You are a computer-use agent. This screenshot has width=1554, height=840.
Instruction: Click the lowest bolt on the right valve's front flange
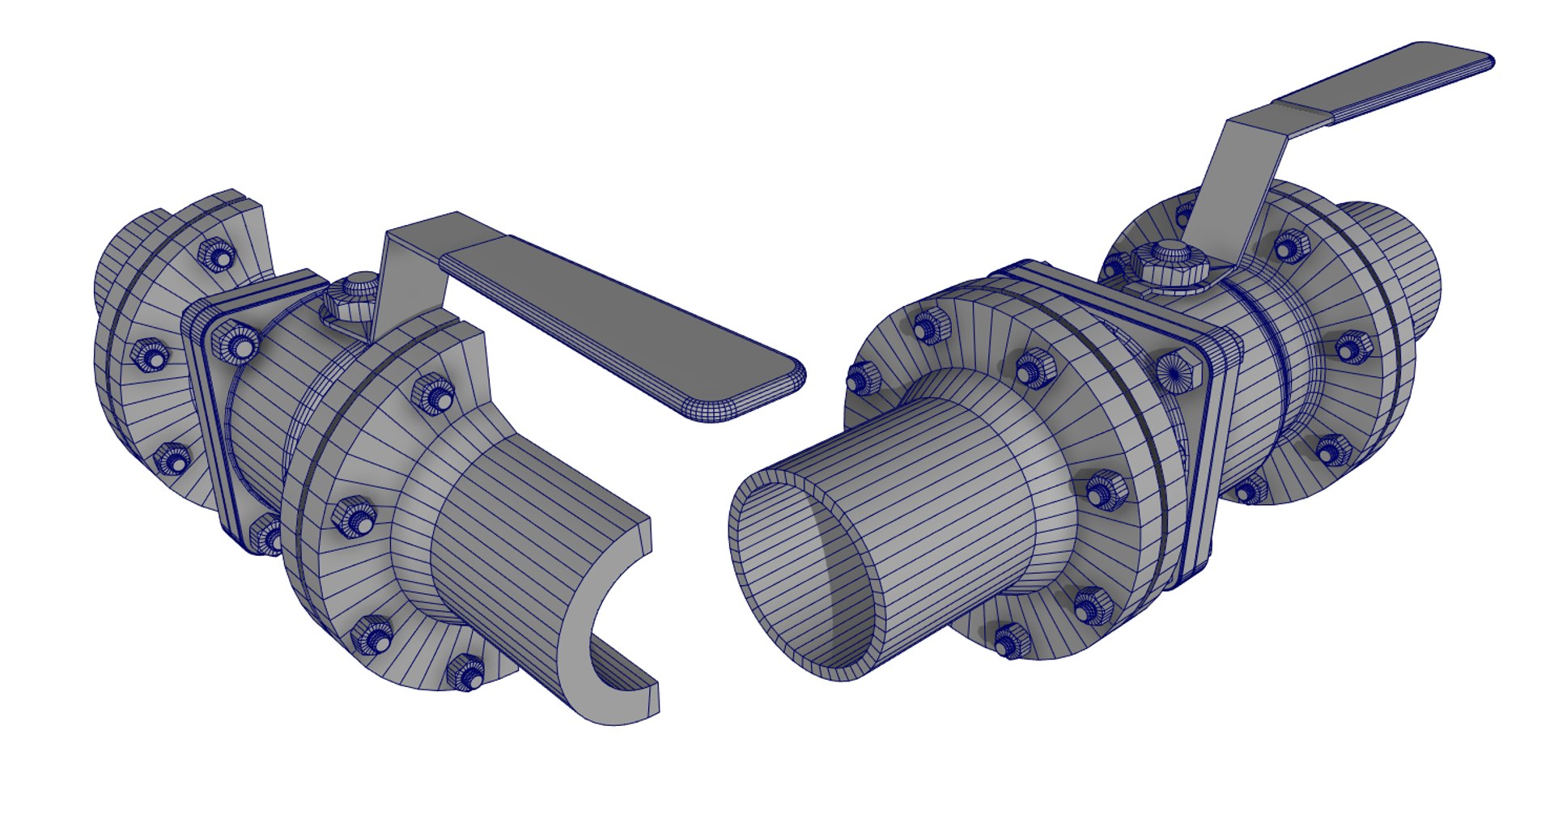1009,642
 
